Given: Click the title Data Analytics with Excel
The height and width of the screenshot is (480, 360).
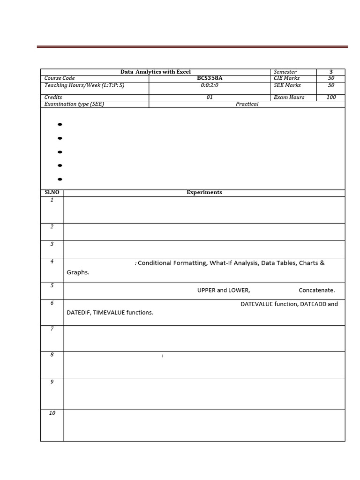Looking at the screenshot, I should point(156,72).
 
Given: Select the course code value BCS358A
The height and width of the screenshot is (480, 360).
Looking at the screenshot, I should point(210,78).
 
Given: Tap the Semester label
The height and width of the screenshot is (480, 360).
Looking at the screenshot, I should point(285,72).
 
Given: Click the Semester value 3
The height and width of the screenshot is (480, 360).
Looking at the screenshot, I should point(331,72).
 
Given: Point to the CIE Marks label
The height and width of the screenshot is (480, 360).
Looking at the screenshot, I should point(286,78).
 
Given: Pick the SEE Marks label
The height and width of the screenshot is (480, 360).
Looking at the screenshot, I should point(287,85).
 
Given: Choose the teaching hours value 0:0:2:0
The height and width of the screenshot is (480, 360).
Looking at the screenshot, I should point(210,85).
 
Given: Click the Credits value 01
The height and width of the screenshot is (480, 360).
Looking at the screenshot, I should point(210,97).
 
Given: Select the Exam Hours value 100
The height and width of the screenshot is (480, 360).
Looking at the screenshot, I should point(331,97).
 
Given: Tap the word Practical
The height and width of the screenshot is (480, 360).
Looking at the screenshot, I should point(247,104).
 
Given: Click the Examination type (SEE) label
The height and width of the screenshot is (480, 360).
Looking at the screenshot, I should point(74,104).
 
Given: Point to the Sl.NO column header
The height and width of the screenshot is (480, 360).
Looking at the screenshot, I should point(52,193).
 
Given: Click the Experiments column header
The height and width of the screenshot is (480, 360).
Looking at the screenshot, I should point(204,193).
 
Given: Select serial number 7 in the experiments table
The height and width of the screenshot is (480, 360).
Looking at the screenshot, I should point(52,329).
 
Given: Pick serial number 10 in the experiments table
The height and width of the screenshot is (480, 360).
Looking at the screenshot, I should point(52,413).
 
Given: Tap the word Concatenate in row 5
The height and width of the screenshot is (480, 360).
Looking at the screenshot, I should point(316,290).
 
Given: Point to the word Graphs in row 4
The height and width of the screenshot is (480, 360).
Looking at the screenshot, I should point(77,272).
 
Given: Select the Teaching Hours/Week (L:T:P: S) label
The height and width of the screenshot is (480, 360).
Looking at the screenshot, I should point(84,85).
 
